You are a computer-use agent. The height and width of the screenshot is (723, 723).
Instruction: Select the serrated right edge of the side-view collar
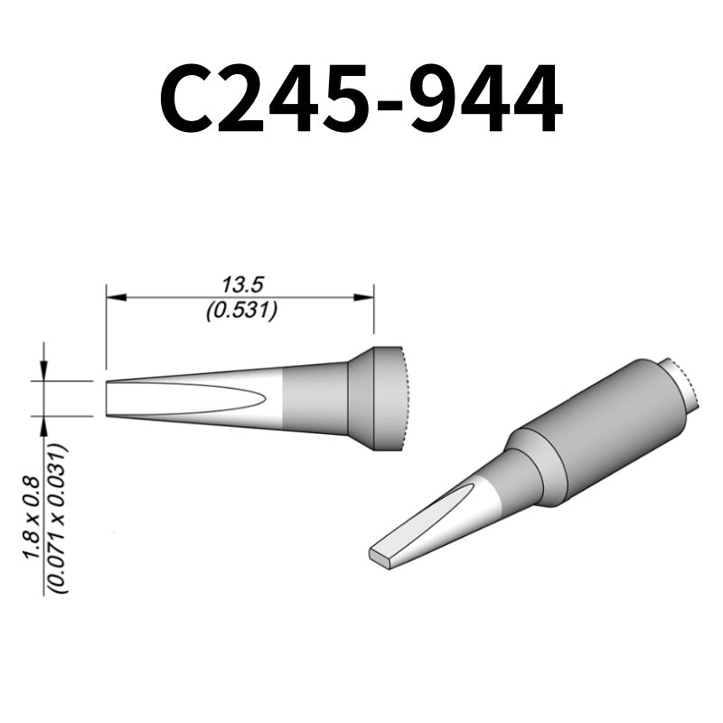click(x=407, y=399)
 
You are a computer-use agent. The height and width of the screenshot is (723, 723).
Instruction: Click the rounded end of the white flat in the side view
click(x=261, y=399)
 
